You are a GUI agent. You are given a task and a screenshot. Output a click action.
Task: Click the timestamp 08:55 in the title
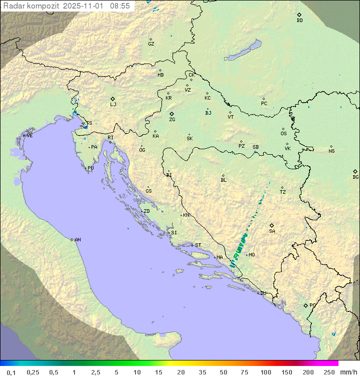[120, 6]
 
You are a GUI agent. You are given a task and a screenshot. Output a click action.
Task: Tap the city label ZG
[172, 120]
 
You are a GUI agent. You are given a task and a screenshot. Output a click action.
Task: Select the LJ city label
[113, 104]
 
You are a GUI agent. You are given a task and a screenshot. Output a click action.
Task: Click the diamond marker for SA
[271, 225]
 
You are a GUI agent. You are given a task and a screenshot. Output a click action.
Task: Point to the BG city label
[355, 177]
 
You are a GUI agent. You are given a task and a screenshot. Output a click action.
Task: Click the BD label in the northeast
[299, 21]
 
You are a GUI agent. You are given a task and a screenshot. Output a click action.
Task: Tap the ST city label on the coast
[198, 245]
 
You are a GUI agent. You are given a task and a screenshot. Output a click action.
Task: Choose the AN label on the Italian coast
[77, 240]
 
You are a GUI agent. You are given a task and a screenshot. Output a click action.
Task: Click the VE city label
[29, 136]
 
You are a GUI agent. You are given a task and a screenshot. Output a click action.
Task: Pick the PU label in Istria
[90, 168]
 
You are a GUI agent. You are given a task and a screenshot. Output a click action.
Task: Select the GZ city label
[151, 44]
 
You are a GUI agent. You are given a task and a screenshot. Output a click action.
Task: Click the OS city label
[283, 134]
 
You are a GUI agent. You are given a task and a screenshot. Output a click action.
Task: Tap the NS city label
[331, 151]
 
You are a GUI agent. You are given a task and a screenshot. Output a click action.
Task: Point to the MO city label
[251, 255]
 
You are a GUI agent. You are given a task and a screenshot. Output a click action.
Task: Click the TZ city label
[283, 192]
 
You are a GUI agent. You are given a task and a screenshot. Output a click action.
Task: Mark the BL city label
[223, 180]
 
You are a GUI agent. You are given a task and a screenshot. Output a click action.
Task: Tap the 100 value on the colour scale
[266, 372]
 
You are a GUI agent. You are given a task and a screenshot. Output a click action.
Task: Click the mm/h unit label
[346, 372]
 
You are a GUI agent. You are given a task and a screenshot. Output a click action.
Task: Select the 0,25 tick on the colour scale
[33, 372]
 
